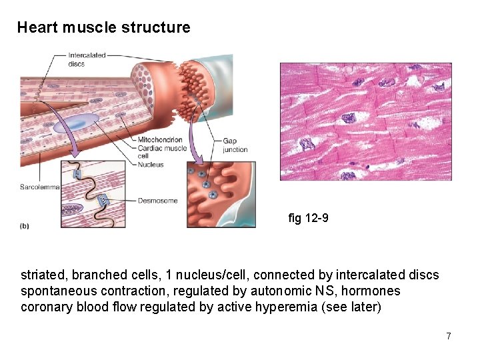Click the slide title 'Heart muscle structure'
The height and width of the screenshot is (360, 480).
103,28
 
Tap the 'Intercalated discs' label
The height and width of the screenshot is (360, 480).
87,59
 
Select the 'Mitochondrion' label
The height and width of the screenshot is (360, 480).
159,139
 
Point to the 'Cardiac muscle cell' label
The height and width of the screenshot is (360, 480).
161,151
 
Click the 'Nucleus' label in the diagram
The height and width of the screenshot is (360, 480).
150,164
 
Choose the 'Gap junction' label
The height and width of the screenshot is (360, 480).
235,145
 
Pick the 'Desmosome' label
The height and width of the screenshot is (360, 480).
157,200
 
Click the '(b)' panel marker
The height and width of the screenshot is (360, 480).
25,225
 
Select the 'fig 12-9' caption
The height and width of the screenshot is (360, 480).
308,218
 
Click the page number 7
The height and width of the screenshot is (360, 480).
449,336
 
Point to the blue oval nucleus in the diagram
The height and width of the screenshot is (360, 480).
80,121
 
